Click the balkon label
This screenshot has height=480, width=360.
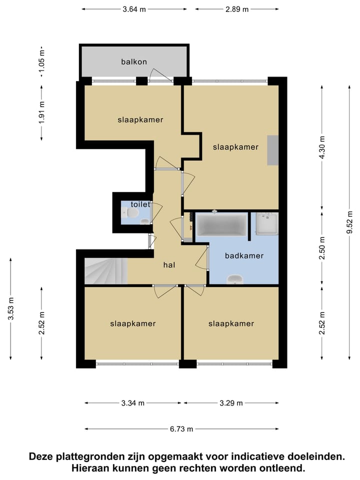(x=134, y=62)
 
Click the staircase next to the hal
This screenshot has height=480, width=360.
(x=105, y=270)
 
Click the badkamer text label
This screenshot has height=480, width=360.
(x=244, y=256)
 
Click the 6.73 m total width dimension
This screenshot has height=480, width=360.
(x=181, y=428)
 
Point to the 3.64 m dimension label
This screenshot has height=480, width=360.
(x=134, y=9)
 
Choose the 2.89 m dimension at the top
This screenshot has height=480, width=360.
(x=236, y=9)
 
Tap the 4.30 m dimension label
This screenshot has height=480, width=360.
(x=322, y=147)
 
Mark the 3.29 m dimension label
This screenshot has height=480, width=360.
(x=230, y=403)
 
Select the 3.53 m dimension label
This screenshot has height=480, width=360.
(x=11, y=308)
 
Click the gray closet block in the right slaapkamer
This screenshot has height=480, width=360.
(x=272, y=150)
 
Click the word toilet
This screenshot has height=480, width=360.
(x=140, y=204)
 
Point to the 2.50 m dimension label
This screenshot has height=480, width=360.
(x=322, y=247)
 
